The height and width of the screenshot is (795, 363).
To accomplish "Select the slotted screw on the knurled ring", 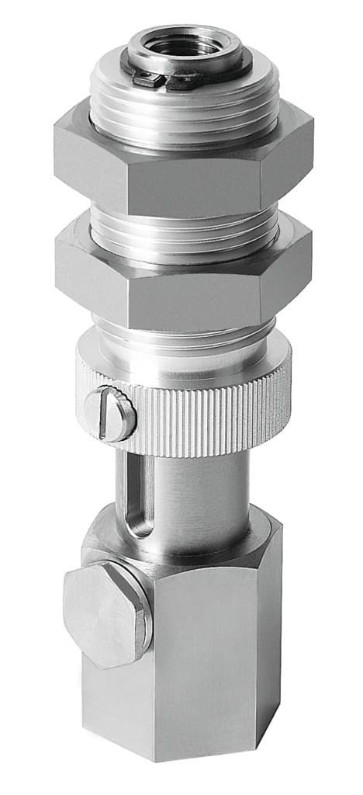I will (110, 414).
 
